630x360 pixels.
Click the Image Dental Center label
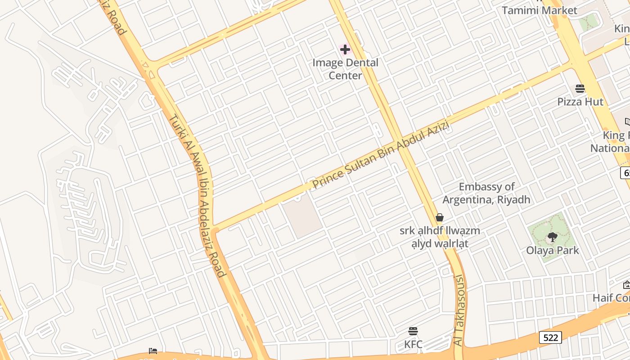pyautogui.click(x=345, y=69)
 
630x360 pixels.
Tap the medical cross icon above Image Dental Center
pyautogui.click(x=345, y=49)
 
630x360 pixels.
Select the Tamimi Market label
pyautogui.click(x=539, y=10)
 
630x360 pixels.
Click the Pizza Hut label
pyautogui.click(x=580, y=102)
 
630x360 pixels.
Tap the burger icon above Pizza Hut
pyautogui.click(x=580, y=88)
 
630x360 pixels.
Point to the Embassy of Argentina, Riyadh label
pyautogui.click(x=486, y=193)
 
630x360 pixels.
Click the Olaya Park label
pyautogui.click(x=552, y=250)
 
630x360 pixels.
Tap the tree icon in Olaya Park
pyautogui.click(x=552, y=237)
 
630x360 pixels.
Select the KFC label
pyautogui.click(x=413, y=344)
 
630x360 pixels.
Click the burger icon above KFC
pyautogui.click(x=413, y=332)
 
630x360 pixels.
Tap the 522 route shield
pyautogui.click(x=550, y=337)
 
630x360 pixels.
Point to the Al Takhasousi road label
pyautogui.click(x=459, y=310)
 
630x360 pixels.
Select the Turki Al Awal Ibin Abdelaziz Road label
pyautogui.click(x=197, y=195)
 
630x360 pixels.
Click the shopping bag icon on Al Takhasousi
pyautogui.click(x=440, y=218)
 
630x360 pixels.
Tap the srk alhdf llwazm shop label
pyautogui.click(x=440, y=237)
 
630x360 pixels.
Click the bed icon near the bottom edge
pyautogui.click(x=153, y=351)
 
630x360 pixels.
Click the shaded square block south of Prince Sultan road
pyautogui.click(x=302, y=218)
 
